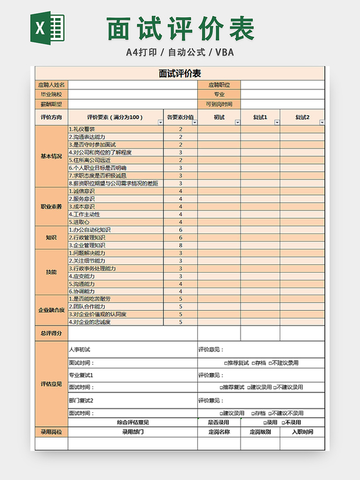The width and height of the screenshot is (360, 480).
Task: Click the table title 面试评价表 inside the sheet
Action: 179,73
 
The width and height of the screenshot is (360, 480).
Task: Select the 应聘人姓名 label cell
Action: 51,84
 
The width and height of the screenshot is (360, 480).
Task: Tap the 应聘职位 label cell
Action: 219,84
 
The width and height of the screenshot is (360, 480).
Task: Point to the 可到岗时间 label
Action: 219,104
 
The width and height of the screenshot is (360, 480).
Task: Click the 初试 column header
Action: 219,117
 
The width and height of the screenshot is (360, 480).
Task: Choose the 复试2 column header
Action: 302,117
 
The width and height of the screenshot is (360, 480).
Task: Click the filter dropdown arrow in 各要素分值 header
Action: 193,122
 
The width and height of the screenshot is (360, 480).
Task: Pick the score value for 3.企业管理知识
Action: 180,245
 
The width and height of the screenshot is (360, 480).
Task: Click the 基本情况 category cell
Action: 51,156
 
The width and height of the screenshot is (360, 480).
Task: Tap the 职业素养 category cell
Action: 51,207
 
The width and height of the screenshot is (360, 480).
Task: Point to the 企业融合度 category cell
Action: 51,309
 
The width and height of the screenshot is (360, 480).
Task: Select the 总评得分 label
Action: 51,333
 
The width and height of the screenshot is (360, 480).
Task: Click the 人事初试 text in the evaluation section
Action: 80,349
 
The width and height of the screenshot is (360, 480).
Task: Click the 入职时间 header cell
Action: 302,432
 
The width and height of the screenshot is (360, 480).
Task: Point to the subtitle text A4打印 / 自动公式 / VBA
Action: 179,51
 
